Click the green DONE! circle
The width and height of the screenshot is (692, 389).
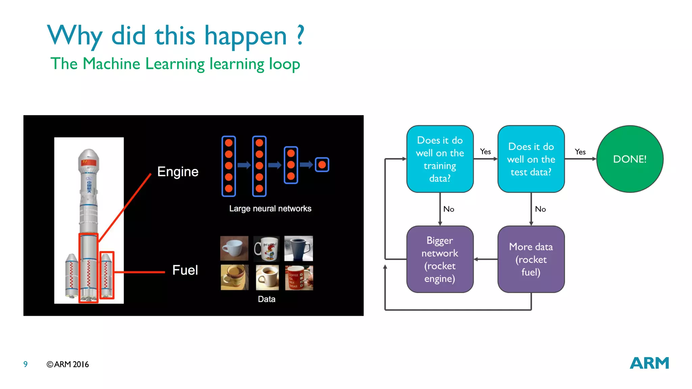(629, 159)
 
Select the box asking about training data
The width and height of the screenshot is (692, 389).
(440, 159)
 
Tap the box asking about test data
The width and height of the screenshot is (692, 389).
(531, 159)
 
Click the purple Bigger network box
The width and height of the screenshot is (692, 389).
(440, 259)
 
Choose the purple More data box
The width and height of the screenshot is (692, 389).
(531, 259)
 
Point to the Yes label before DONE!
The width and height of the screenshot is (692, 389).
(580, 152)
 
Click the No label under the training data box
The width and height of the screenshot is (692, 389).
(449, 209)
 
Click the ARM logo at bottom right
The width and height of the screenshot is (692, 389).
(649, 363)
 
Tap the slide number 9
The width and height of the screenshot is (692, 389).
(25, 364)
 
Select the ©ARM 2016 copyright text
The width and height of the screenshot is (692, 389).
(68, 364)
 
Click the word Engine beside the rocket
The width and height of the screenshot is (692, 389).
(178, 172)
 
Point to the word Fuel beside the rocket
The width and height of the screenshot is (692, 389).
(185, 270)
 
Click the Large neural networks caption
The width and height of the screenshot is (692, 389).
(270, 208)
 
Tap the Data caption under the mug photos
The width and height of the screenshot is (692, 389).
(267, 299)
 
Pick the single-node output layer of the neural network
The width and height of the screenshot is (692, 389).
(322, 165)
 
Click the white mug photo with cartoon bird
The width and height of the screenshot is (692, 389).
(267, 249)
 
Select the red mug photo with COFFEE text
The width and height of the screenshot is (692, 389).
(299, 278)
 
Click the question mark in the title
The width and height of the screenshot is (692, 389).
(300, 35)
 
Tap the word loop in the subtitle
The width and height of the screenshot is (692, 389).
(284, 64)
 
